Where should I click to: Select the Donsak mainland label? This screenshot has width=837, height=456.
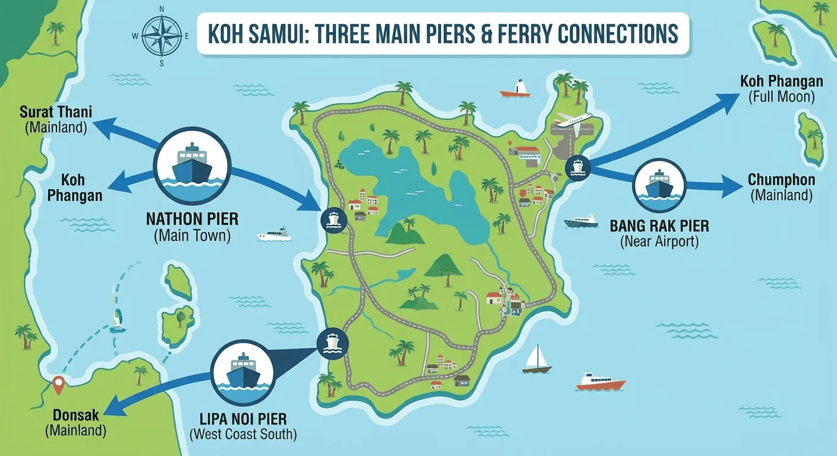point(75,422)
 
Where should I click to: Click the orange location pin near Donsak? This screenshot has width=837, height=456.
point(58,385)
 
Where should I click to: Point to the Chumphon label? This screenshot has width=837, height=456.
point(781,186)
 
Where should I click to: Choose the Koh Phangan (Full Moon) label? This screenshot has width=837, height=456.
point(781,88)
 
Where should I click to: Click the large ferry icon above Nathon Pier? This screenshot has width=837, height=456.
point(192,162)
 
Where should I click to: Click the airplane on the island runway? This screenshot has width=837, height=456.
point(573,119)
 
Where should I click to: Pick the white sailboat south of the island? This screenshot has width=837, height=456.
point(537,360)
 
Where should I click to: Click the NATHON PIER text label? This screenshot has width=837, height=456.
point(192,219)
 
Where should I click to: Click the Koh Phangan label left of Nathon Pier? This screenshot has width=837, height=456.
point(81,187)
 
